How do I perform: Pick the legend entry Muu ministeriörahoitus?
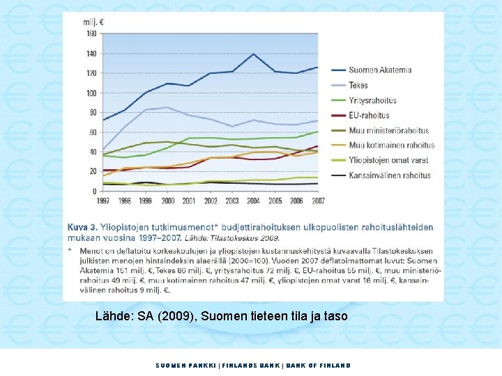point(389,130)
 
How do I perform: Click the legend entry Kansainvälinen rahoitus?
point(390,175)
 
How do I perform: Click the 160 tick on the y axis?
point(91,33)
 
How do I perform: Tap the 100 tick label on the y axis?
point(91,93)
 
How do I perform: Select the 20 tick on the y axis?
point(93,171)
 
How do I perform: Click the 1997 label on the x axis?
point(103,201)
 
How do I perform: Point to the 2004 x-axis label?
point(254,201)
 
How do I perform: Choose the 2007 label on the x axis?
point(318,201)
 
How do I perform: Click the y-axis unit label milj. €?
point(93,22)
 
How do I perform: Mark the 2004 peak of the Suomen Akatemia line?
point(254,54)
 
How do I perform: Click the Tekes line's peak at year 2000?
point(167,107)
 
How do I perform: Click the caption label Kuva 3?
point(82,228)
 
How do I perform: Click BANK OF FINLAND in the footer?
point(322,365)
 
